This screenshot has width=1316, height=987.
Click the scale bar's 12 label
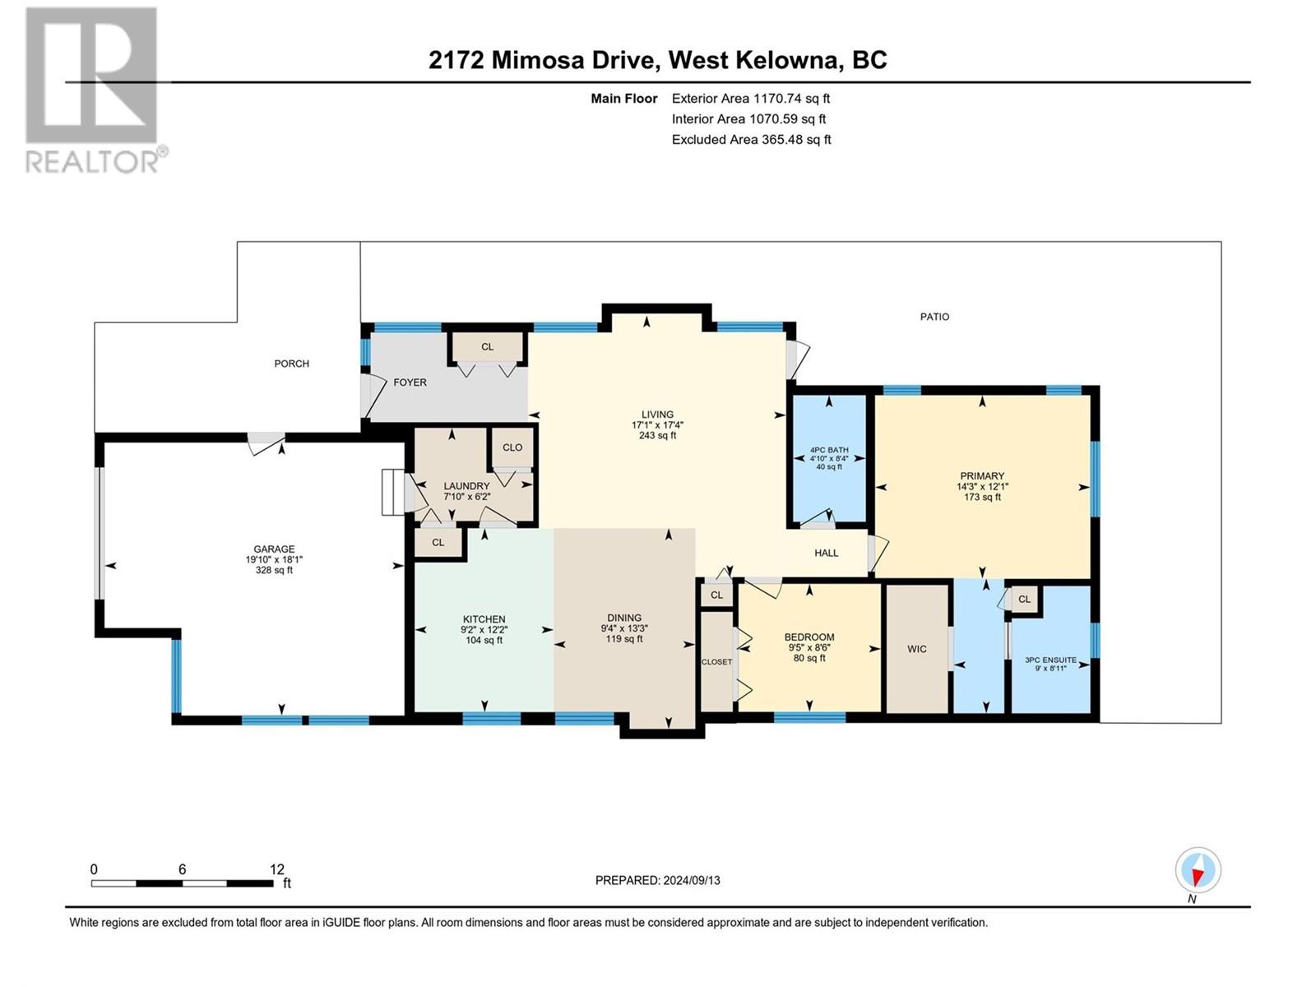tap(277, 869)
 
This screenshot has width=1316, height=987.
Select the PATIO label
tap(934, 317)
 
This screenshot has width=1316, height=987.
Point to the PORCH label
tap(291, 364)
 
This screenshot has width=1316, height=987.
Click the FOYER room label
tap(410, 382)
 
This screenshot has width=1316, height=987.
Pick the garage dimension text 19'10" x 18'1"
tap(274, 559)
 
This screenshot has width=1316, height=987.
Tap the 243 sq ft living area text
tap(657, 435)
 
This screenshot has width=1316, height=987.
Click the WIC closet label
tap(917, 648)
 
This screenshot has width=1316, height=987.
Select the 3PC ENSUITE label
tap(1050, 660)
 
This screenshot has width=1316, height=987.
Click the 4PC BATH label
tap(829, 449)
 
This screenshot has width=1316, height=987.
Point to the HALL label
tap(826, 553)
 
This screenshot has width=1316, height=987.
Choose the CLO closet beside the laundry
tap(512, 447)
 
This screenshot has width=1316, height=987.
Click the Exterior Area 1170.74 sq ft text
tap(751, 98)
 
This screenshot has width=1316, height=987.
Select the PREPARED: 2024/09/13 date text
tap(658, 880)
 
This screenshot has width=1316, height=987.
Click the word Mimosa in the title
tap(536, 60)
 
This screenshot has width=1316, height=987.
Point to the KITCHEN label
tap(484, 619)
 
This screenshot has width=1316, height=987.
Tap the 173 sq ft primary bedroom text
tap(982, 497)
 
